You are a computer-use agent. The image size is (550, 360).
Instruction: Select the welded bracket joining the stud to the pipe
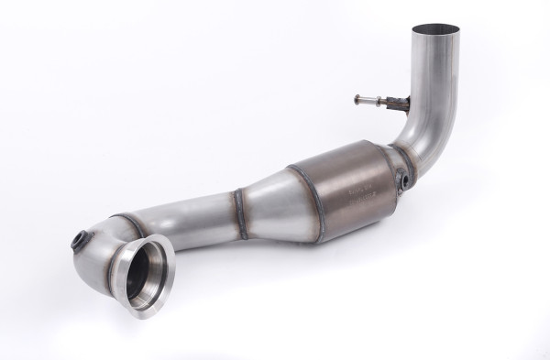click(396, 103)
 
